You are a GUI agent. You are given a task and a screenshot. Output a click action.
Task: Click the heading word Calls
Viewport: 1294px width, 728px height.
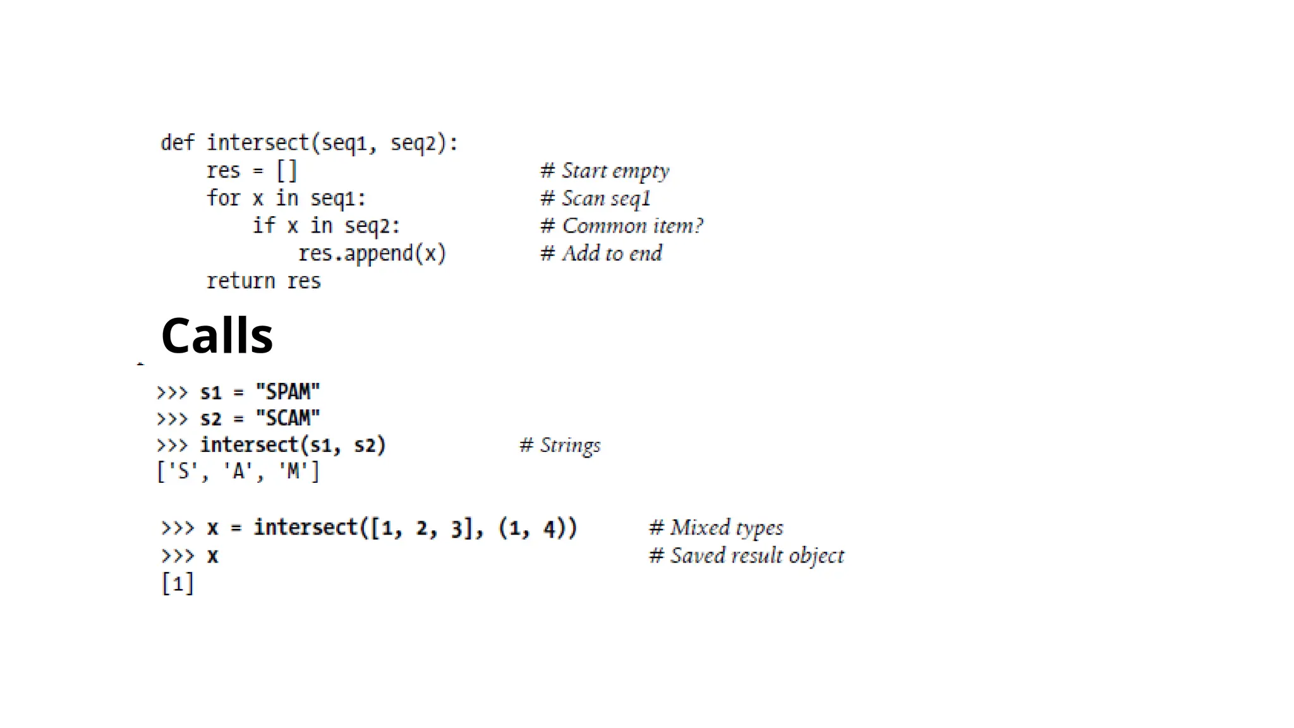coord(217,336)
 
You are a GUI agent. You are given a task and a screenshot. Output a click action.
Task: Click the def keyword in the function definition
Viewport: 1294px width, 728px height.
coord(178,143)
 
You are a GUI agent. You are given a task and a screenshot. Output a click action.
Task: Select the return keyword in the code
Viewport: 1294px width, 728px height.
coord(241,281)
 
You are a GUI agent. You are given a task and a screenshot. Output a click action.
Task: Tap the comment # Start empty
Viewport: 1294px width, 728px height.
coord(605,171)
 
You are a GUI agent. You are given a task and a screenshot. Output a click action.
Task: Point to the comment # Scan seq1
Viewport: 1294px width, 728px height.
coord(595,198)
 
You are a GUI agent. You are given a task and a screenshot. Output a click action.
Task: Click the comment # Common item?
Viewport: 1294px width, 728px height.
coord(622,226)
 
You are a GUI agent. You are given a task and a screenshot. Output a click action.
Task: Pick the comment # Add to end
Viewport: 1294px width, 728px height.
coord(601,253)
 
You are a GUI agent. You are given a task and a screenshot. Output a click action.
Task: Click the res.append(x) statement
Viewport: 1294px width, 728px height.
coord(372,253)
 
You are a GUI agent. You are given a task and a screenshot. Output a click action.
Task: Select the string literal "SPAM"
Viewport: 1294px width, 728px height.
coord(287,392)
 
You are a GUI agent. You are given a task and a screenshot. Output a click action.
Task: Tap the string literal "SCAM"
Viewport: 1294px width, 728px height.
coord(287,418)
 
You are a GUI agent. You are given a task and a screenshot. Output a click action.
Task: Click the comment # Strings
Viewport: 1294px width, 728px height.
coord(560,446)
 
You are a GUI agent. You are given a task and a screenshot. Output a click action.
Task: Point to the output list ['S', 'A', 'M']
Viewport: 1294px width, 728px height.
coord(238,471)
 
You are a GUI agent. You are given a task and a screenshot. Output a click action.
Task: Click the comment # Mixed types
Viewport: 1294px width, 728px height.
coord(716,528)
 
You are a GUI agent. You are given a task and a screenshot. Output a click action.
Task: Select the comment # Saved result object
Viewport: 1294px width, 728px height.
coord(746,556)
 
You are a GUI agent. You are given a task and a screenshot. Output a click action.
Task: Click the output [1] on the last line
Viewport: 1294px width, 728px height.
coord(178,583)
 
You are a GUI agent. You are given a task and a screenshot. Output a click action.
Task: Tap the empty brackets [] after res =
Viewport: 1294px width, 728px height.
coord(286,171)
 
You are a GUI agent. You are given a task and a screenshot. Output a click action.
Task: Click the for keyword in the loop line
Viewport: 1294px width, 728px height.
coord(223,198)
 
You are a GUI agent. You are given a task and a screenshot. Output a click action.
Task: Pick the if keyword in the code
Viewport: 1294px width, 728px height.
coord(263,226)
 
